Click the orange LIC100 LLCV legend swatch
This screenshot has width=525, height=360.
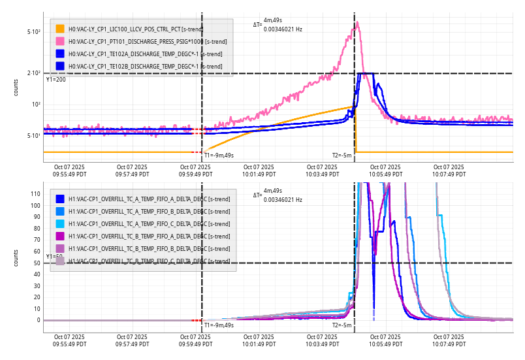coord(60,29)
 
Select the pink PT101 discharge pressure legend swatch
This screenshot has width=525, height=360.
coord(60,41)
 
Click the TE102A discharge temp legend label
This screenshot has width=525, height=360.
coord(145,54)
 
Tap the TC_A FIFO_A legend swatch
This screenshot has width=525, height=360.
coord(60,199)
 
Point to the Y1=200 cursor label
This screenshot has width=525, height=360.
coord(56,80)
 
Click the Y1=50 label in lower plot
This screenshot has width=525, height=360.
coord(54,257)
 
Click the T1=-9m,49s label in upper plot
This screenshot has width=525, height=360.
coord(219,155)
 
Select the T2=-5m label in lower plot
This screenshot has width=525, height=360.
coord(342,325)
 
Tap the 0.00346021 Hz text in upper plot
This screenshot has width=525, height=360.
coord(283,29)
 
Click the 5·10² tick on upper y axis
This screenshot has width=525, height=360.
coord(34,31)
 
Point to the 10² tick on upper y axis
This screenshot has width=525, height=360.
coord(36,105)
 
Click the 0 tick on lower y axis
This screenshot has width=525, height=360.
coord(39,320)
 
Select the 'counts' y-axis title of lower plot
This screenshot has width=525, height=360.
coord(16,258)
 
